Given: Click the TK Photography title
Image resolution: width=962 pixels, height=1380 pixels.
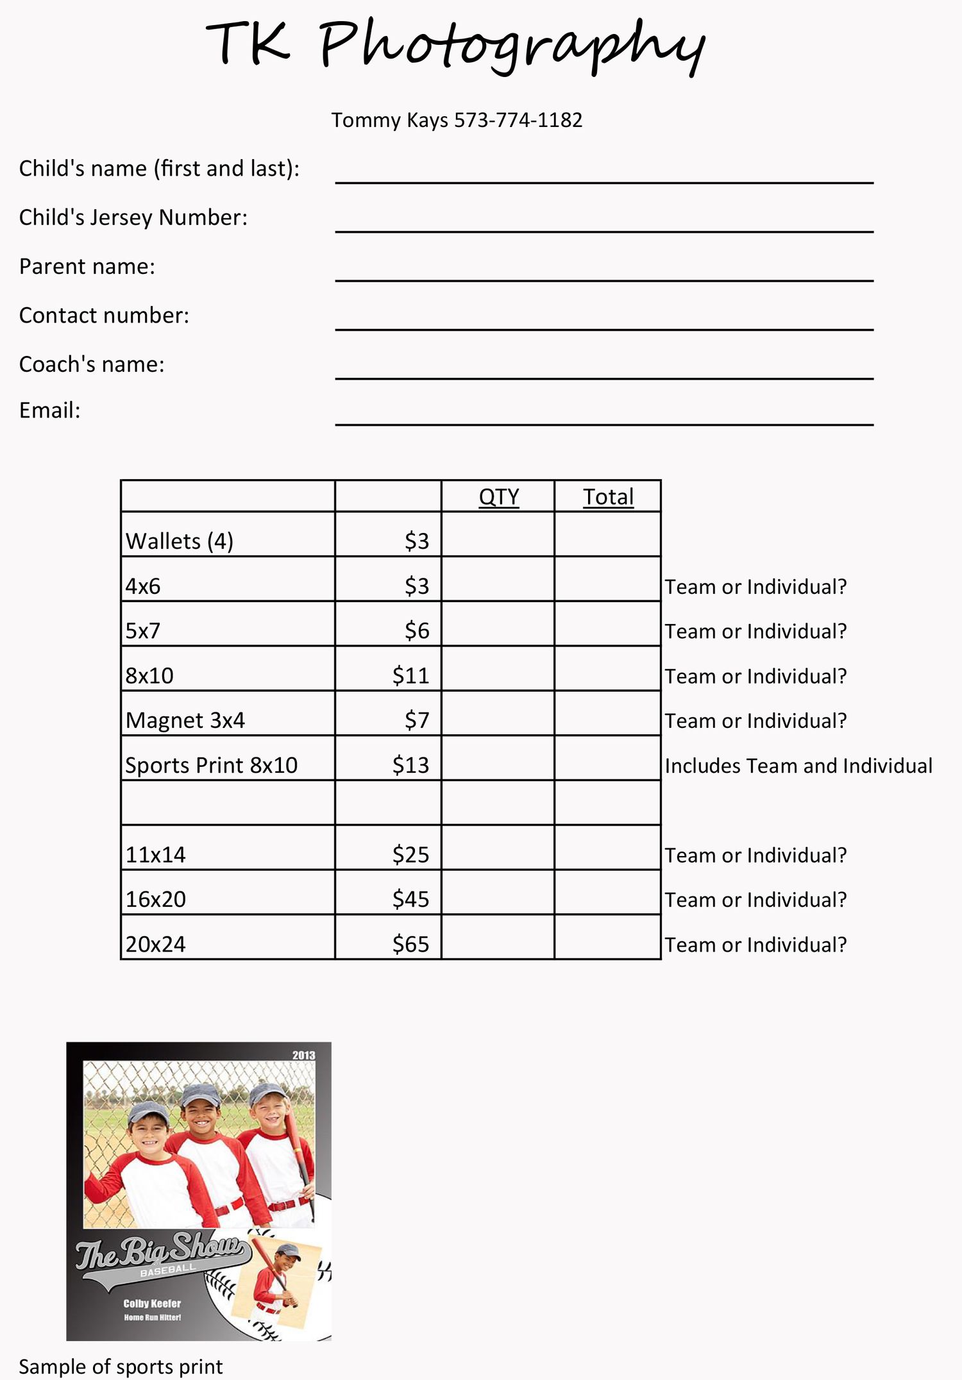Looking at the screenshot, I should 455,45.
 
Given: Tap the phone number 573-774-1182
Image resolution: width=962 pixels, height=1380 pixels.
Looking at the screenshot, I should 518,120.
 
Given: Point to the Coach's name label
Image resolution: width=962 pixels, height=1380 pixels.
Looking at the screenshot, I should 92,364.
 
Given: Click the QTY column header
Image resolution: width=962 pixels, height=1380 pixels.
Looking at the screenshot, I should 498,497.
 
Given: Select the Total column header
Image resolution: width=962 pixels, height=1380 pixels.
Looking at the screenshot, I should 608,497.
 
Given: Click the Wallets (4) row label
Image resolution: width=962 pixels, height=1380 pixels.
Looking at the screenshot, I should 180,541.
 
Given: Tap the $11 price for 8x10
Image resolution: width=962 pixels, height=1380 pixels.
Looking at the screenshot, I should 410,675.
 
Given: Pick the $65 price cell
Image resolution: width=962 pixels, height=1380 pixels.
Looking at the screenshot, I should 410,944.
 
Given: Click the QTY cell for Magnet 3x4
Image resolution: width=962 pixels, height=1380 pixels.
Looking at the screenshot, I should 498,713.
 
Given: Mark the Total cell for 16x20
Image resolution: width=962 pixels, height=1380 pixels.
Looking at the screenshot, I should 607,892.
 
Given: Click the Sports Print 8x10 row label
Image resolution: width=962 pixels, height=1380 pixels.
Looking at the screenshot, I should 212,765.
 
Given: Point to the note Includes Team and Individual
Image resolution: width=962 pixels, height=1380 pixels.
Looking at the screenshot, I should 798,766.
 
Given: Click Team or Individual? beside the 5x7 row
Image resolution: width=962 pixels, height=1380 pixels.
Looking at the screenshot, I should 755,631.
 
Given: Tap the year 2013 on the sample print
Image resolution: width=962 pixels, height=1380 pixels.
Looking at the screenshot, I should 303,1056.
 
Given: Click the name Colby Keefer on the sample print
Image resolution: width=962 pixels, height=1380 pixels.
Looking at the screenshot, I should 152,1304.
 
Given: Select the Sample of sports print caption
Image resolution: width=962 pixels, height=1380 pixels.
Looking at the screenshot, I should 121,1367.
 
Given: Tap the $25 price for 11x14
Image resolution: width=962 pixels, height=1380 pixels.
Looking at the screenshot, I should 410,855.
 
